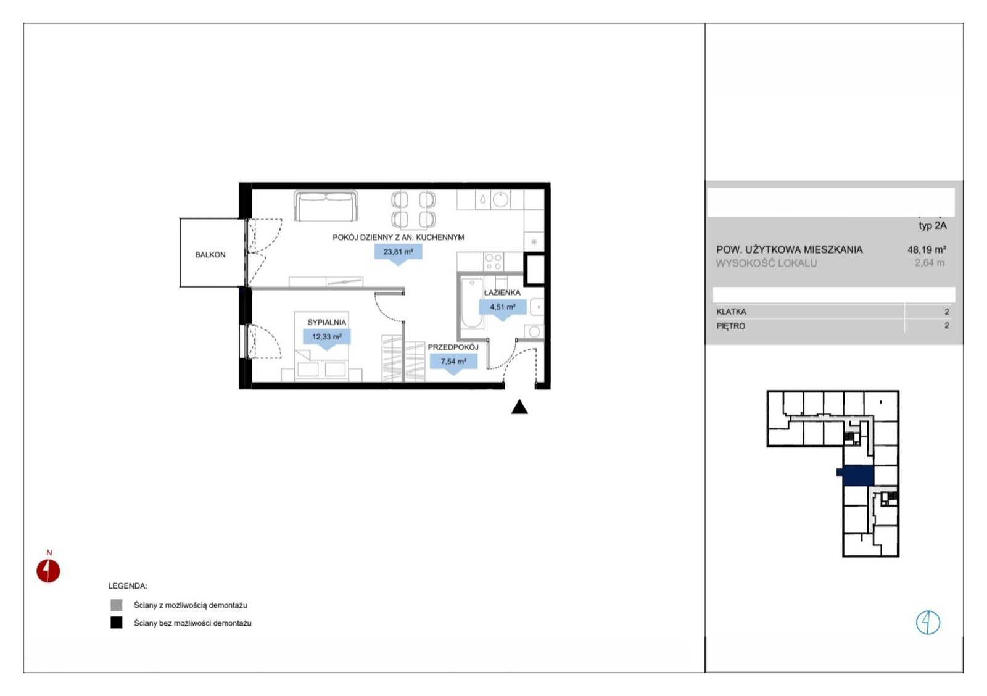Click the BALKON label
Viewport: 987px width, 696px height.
[x=210, y=255]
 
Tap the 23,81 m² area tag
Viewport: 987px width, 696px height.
[x=399, y=252]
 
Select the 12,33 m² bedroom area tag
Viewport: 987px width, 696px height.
[x=327, y=337]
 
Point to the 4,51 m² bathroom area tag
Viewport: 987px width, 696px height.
[x=502, y=307]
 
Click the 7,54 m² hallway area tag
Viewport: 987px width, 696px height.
[x=453, y=362]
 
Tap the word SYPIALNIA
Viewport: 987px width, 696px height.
[x=326, y=323]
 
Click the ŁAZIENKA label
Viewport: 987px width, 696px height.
[x=502, y=292]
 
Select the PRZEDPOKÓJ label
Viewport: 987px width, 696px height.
[x=453, y=347]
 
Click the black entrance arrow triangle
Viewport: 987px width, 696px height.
[x=519, y=407]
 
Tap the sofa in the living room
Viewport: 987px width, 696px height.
[x=326, y=206]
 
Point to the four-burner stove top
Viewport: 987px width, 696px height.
[x=493, y=262]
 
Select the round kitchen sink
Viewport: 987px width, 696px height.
[x=500, y=200]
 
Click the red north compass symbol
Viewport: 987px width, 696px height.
[x=48, y=571]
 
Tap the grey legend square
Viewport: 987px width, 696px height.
[x=117, y=605]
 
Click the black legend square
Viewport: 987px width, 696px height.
[x=117, y=623]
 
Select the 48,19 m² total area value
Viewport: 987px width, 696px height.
[x=927, y=249]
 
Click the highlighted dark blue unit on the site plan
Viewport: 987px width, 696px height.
[x=856, y=476]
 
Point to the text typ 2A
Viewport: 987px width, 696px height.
[x=932, y=226]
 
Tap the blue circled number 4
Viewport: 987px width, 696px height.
[x=928, y=623]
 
